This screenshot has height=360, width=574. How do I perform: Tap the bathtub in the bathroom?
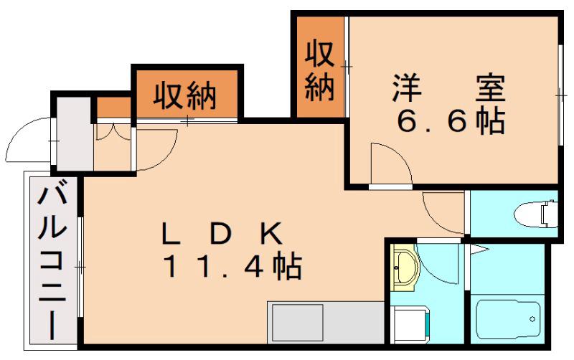[x=509, y=319]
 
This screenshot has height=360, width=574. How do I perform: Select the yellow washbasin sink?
[x=405, y=267]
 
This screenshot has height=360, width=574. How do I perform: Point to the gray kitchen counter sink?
[x=296, y=323]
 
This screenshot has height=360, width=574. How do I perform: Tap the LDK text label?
[x=222, y=235]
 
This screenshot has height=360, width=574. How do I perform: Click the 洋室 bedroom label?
[x=449, y=88]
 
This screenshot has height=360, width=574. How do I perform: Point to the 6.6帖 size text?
[x=451, y=120]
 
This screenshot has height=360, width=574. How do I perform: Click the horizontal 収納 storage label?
[x=185, y=96]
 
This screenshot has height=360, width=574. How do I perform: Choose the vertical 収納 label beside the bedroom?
[x=320, y=70]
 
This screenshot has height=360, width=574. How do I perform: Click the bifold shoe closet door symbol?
[x=113, y=133]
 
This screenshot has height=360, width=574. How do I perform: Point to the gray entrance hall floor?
[x=75, y=133]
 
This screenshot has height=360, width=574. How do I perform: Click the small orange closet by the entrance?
[x=113, y=108]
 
